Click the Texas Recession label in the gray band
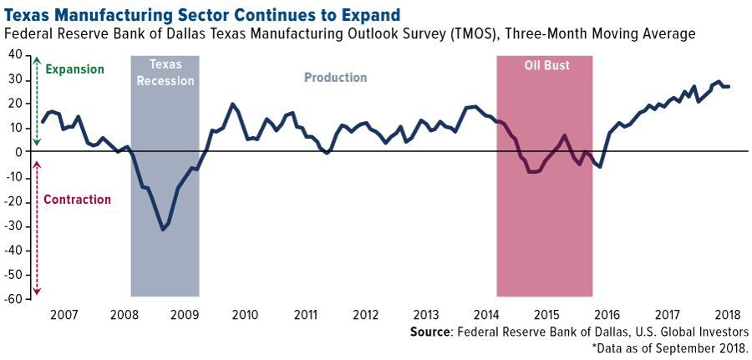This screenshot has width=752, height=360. [165, 73]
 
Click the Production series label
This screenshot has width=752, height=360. [335, 78]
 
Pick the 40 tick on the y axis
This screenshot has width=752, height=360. [15, 55]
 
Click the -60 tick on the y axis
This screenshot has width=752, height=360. [13, 299]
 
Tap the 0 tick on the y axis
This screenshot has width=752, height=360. [19, 152]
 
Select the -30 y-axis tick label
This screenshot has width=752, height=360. [13, 226]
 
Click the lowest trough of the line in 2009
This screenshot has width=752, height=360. [162, 229]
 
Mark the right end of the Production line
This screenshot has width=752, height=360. [729, 87]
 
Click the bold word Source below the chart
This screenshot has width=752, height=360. [430, 332]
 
